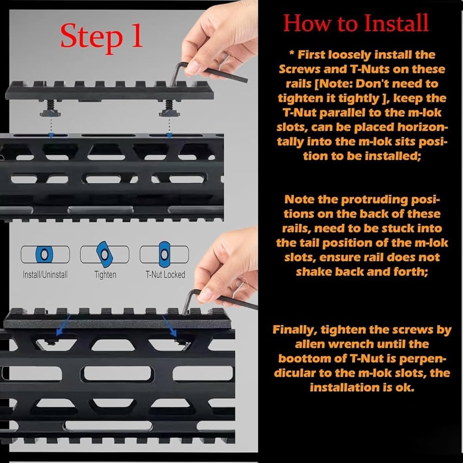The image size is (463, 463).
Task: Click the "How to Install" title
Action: [x=356, y=23]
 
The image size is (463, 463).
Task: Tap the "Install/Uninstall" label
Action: [x=45, y=275]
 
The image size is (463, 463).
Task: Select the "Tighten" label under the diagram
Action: [x=105, y=275]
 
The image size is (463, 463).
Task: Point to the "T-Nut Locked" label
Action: [x=165, y=275]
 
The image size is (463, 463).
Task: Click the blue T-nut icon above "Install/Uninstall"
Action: [x=44, y=254]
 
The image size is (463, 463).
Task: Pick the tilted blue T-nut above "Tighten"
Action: [x=105, y=254]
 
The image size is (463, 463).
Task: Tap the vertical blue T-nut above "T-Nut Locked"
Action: [x=164, y=254]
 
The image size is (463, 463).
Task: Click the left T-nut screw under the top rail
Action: [x=50, y=108]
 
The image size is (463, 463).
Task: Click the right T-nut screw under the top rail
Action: [x=169, y=108]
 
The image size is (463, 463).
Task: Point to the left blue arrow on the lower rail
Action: [x=63, y=325]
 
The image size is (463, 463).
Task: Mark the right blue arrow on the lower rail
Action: [x=170, y=325]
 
